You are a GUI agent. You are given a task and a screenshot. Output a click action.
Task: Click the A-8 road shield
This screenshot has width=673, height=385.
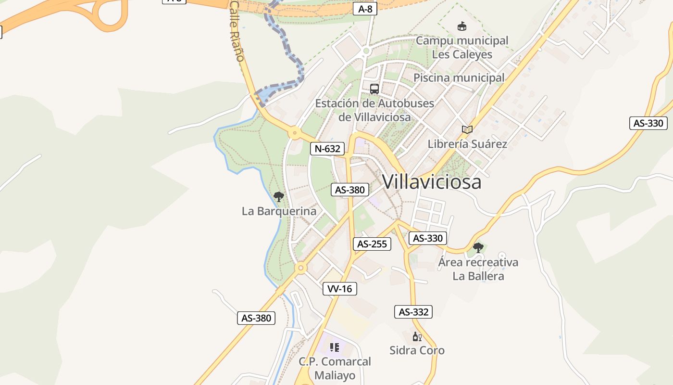coord(365,9)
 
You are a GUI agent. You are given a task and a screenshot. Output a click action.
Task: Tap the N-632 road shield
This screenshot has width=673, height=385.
coord(327,149)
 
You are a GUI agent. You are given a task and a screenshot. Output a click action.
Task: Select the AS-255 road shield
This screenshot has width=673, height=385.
coord(372,244)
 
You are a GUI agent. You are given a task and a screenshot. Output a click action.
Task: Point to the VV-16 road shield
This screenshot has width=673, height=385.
coord(340,289)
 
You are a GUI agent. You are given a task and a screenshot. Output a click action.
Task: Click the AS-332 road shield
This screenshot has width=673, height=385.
coord(413,312)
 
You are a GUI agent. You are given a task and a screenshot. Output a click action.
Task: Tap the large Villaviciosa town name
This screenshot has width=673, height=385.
coord(432,182)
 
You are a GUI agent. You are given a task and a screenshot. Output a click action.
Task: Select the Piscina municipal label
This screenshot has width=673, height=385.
coord(459,77)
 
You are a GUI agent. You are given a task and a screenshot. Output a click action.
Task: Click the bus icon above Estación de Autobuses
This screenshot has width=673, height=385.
coord(374,89)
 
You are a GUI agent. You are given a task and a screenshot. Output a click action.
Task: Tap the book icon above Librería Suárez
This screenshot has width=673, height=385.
coord(467,129)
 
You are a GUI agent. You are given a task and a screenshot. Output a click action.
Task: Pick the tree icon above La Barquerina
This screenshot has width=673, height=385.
coord(278,196)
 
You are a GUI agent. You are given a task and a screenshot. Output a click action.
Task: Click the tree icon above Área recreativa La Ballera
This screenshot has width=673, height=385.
coord(478,248)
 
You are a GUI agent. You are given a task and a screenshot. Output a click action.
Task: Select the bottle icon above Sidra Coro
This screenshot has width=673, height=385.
coord(417,337)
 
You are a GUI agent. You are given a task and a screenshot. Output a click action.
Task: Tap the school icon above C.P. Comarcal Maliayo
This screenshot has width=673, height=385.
coord(335,347)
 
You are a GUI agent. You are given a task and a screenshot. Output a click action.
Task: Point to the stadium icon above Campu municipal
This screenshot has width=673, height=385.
coord(462,26)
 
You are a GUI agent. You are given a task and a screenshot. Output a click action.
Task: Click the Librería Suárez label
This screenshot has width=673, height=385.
coord(467,144)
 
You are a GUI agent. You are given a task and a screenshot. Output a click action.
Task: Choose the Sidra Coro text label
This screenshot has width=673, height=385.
coord(417,350)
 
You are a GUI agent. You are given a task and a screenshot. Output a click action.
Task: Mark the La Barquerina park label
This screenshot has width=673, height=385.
coord(279,211)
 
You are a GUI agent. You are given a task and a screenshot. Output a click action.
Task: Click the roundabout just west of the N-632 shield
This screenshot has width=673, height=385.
coord(294,133)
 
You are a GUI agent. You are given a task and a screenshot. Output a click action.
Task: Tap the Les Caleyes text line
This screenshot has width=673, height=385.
coord(462,54)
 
